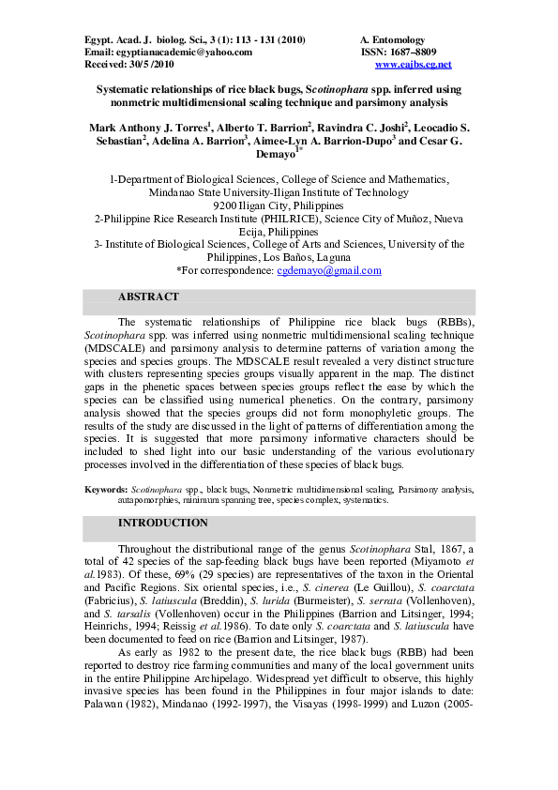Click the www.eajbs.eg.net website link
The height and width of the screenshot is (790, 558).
pos(413,65)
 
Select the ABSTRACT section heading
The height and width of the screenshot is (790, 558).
pos(148,296)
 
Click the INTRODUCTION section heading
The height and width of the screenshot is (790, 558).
pos(163,523)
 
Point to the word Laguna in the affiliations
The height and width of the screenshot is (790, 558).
pos(336,257)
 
